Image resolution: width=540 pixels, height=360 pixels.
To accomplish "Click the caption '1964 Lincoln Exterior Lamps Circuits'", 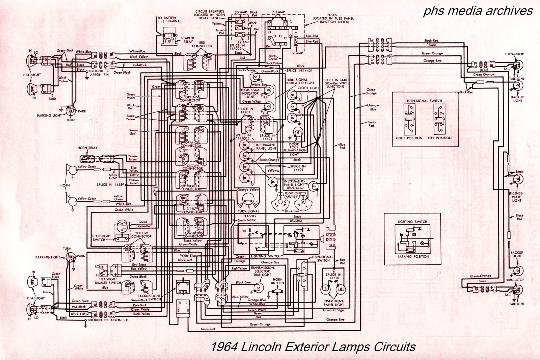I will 314,347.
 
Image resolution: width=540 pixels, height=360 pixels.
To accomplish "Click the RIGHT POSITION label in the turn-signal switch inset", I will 409,138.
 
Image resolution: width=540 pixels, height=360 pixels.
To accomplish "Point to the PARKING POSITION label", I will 413,256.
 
